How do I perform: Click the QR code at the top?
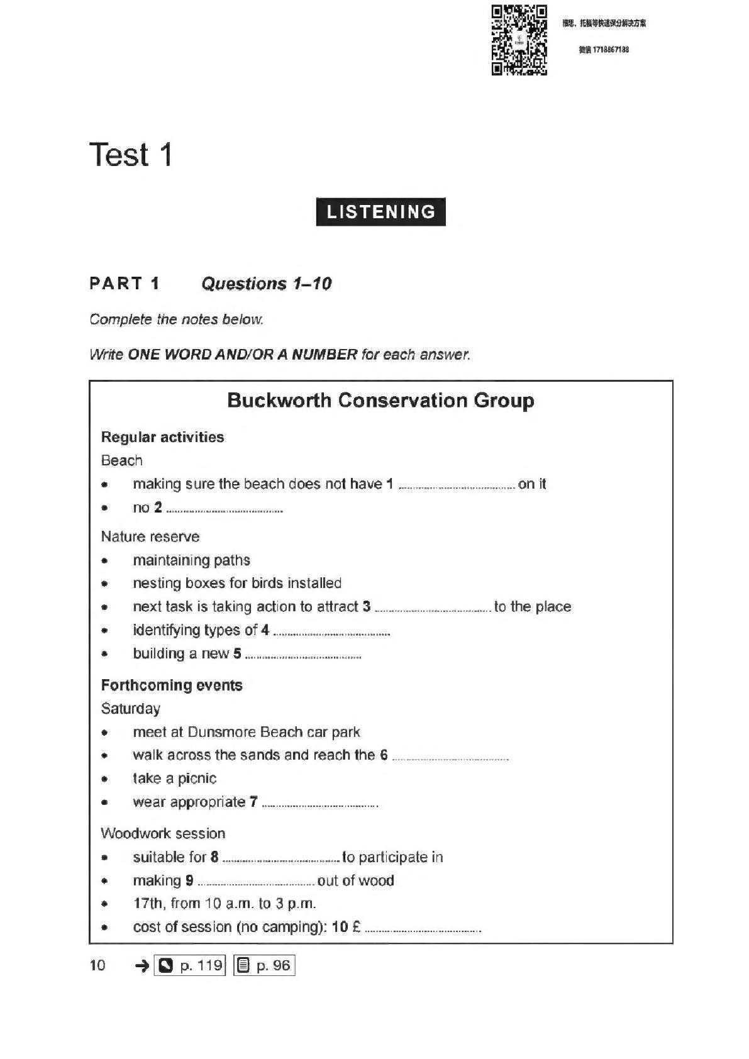519,40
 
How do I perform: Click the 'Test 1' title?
131,155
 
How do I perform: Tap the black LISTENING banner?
380,212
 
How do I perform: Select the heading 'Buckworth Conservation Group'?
380,401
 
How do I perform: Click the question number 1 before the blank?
390,484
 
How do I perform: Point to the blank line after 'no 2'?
225,510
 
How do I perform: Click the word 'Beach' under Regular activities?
122,460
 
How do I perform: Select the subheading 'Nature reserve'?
150,536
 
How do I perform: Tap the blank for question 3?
433,609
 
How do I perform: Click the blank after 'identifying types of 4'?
332,632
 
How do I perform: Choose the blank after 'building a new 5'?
303,656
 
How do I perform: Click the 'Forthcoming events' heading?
172,685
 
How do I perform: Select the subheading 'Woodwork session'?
163,833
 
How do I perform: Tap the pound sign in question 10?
357,927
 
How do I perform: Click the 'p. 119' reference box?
191,965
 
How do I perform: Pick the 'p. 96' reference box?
264,965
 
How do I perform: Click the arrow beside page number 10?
142,965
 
